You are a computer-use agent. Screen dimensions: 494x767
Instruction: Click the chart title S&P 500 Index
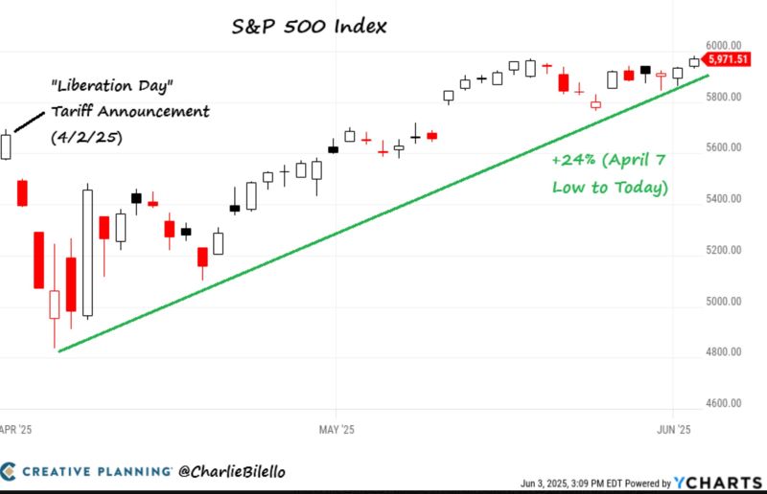309,26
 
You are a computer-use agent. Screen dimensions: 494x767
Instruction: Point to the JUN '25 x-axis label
674,430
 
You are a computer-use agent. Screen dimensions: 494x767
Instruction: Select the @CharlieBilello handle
231,471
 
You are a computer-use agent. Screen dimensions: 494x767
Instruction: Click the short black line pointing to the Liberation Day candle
30,120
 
